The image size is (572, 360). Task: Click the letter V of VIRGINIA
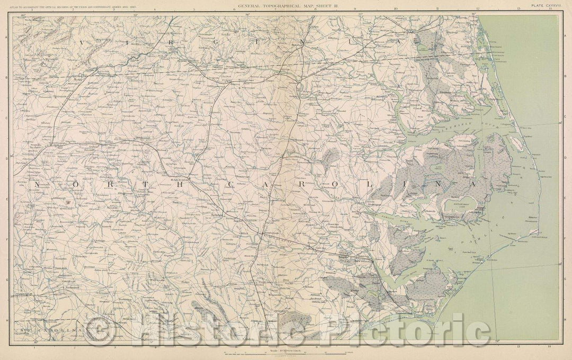pos(82,41)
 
